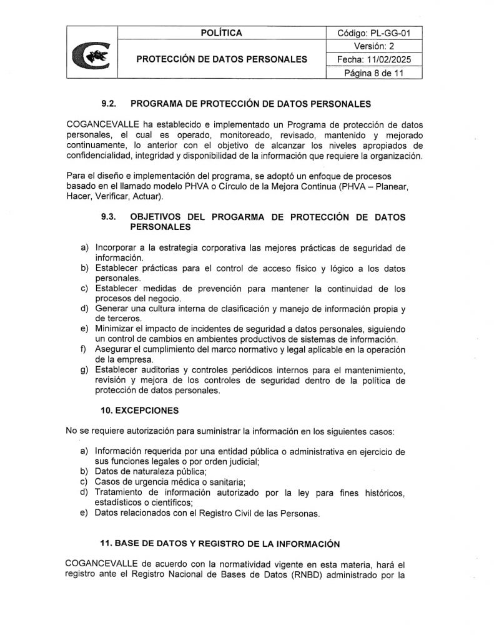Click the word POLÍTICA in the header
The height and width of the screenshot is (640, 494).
tap(222, 33)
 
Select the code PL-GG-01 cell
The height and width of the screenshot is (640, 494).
tap(374, 33)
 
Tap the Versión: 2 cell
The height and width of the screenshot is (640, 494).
tap(374, 46)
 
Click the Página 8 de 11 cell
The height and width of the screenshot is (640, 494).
tap(374, 72)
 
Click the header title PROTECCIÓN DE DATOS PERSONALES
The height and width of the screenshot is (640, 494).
tap(222, 59)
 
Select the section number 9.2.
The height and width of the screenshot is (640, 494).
tap(109, 104)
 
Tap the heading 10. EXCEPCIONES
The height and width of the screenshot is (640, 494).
tap(139, 411)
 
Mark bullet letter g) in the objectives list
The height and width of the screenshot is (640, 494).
tap(84, 371)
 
